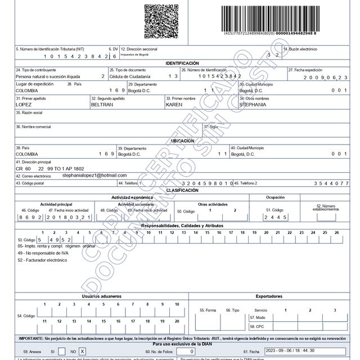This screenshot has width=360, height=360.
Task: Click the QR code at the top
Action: click(x=162, y=20)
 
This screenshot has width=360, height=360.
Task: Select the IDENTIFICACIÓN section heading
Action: click(x=182, y=64)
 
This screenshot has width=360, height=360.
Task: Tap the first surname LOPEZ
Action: click(x=24, y=105)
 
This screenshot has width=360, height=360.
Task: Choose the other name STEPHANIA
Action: click(x=254, y=105)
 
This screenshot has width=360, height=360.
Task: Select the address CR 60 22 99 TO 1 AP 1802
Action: click(x=49, y=168)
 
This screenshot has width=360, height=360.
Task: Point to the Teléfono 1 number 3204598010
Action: click(x=208, y=183)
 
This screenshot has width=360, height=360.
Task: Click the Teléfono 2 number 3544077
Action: click(x=331, y=183)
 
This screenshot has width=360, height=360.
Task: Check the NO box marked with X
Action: click(x=82, y=351)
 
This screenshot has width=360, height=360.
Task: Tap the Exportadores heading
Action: click(x=272, y=295)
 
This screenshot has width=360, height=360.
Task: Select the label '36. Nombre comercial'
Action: click(x=33, y=127)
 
